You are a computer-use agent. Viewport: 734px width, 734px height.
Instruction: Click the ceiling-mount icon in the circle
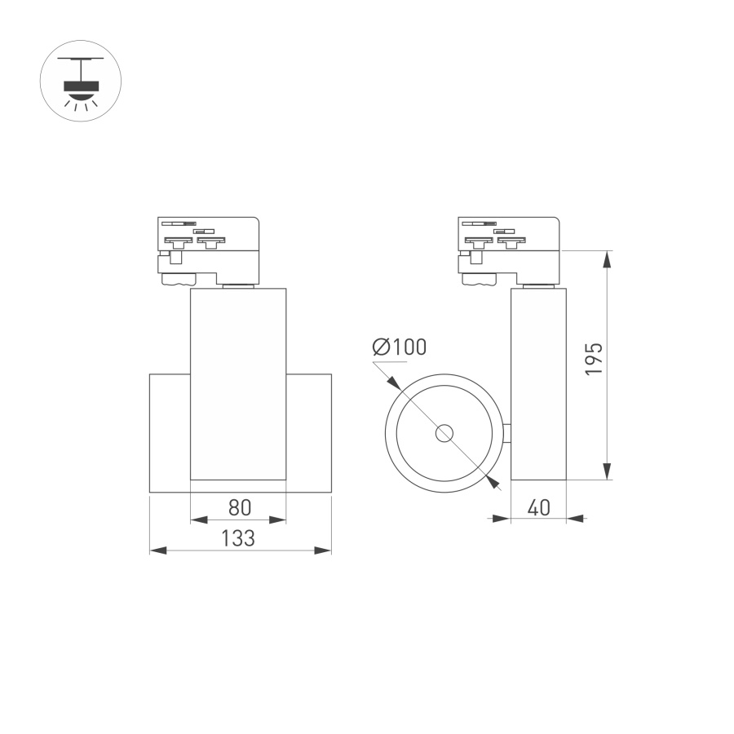81,82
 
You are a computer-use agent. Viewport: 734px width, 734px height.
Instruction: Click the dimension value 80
238,507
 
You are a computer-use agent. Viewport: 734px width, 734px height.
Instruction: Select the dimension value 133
238,538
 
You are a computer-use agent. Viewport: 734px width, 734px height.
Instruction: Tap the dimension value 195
594,359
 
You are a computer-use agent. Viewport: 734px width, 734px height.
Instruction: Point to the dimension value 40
537,507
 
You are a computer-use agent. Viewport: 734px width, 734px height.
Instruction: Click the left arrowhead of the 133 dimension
158,550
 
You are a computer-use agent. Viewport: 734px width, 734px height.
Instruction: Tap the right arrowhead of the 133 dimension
324,550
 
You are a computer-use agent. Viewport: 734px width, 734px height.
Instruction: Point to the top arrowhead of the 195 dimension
607,259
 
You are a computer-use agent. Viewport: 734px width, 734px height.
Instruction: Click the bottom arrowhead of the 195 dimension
607,471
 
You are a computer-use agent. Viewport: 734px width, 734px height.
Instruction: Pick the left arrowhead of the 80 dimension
197,519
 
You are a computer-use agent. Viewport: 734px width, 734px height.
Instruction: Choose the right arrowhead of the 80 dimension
278,519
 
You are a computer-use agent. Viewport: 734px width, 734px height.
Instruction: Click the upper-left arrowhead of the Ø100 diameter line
392,382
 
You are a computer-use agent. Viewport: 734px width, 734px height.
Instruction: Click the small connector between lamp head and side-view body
506,434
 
